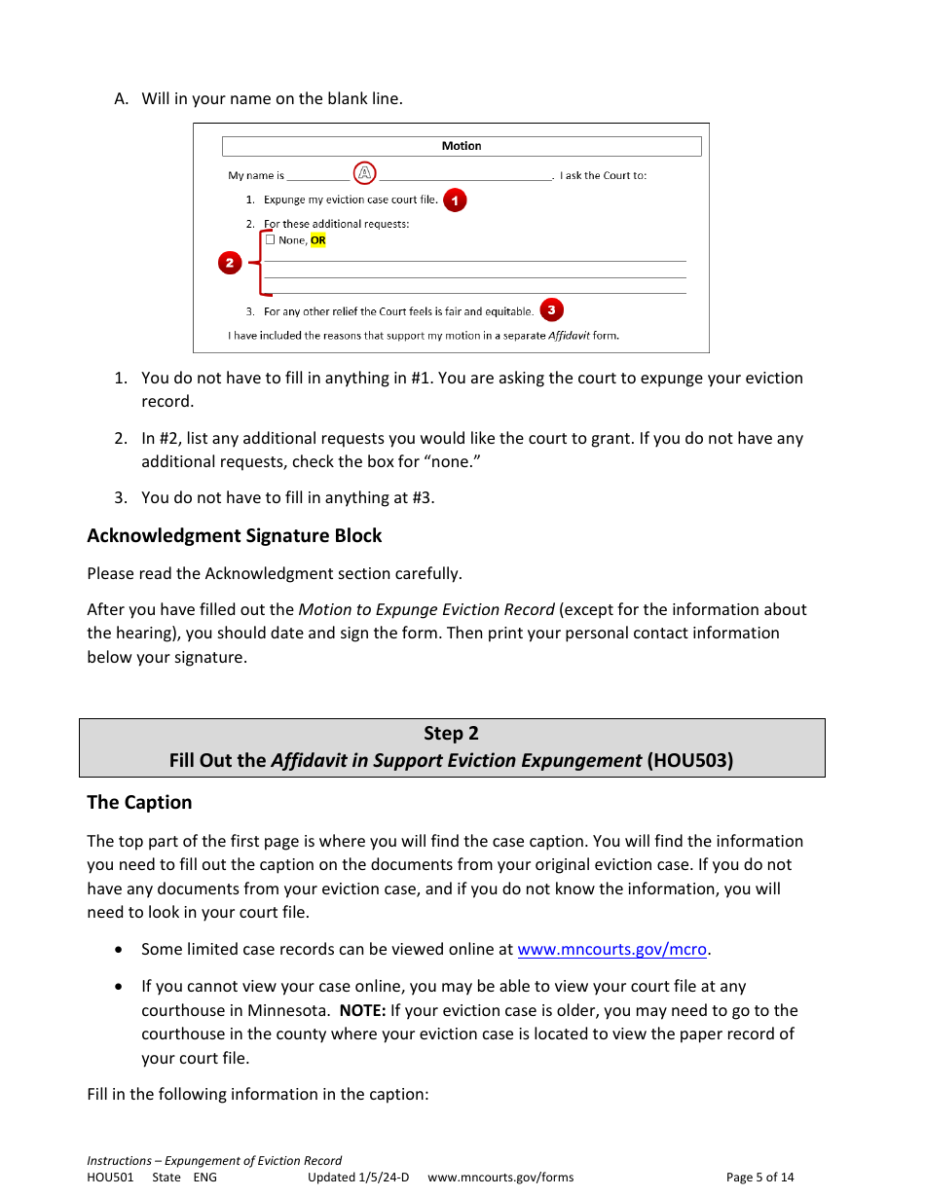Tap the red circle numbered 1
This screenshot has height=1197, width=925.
pyautogui.click(x=455, y=200)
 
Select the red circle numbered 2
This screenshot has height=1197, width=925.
pyautogui.click(x=230, y=263)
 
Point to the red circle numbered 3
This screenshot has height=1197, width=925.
pyautogui.click(x=551, y=310)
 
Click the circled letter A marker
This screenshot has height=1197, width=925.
pyautogui.click(x=364, y=174)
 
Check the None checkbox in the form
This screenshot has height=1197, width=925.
pyautogui.click(x=271, y=239)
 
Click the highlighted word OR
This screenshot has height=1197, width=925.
pyautogui.click(x=318, y=240)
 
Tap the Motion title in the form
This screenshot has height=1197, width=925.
pyautogui.click(x=462, y=146)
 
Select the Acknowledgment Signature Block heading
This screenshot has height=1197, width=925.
pyautogui.click(x=234, y=536)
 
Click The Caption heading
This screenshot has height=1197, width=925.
pyautogui.click(x=139, y=803)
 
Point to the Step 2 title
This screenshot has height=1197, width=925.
pyautogui.click(x=451, y=734)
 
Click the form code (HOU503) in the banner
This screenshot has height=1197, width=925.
pyautogui.click(x=689, y=761)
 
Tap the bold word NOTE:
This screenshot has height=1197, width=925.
pyautogui.click(x=362, y=1010)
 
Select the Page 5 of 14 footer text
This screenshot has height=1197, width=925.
pyautogui.click(x=759, y=1178)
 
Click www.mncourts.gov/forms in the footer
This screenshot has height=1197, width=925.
pyautogui.click(x=500, y=1178)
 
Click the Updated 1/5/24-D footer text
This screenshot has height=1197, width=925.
pyautogui.click(x=358, y=1178)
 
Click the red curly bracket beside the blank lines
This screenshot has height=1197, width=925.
pyautogui.click(x=259, y=263)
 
